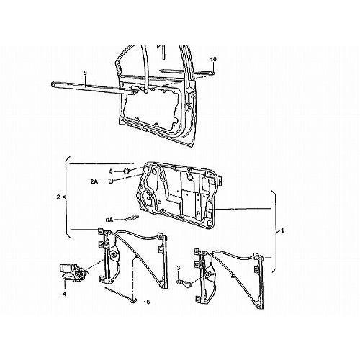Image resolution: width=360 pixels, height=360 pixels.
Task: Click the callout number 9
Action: coord(85,73)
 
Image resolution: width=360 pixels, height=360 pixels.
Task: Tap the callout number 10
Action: coord(213,59)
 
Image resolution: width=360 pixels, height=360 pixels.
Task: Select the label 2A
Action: coord(94,181)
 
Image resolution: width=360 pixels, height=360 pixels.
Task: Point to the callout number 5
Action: coord(111,171)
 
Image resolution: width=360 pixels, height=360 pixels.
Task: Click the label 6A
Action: coord(109,220)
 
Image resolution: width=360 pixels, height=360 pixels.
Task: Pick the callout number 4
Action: coord(65,294)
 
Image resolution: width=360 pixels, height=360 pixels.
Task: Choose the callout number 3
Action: coord(179,268)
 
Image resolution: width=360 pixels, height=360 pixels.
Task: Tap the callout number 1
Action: coord(282,231)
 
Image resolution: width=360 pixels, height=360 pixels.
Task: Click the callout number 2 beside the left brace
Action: coord(58,197)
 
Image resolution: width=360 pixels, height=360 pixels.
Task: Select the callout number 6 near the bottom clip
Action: coord(148,302)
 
